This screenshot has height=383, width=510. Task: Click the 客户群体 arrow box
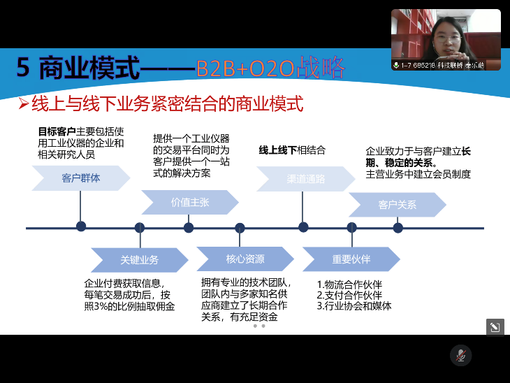click(80, 178)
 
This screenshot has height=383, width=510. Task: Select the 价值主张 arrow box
click(189, 203)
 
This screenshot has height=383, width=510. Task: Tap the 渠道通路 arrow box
click(305, 178)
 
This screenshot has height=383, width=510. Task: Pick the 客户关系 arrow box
click(397, 205)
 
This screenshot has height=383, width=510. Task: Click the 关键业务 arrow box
click(139, 259)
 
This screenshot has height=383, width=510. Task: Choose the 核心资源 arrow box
click(245, 259)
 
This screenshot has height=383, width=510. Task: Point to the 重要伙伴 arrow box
click(351, 259)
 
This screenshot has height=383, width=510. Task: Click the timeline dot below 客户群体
click(81, 226)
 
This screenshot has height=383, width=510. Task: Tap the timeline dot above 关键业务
click(140, 227)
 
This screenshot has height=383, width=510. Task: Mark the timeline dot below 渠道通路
click(303, 226)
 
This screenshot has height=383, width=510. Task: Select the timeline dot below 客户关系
click(398, 227)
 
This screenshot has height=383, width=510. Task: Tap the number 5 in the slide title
click(24, 68)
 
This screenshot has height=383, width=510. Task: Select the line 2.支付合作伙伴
click(349, 295)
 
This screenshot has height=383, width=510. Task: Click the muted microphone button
click(460, 355)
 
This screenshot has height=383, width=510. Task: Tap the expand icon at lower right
click(495, 327)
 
